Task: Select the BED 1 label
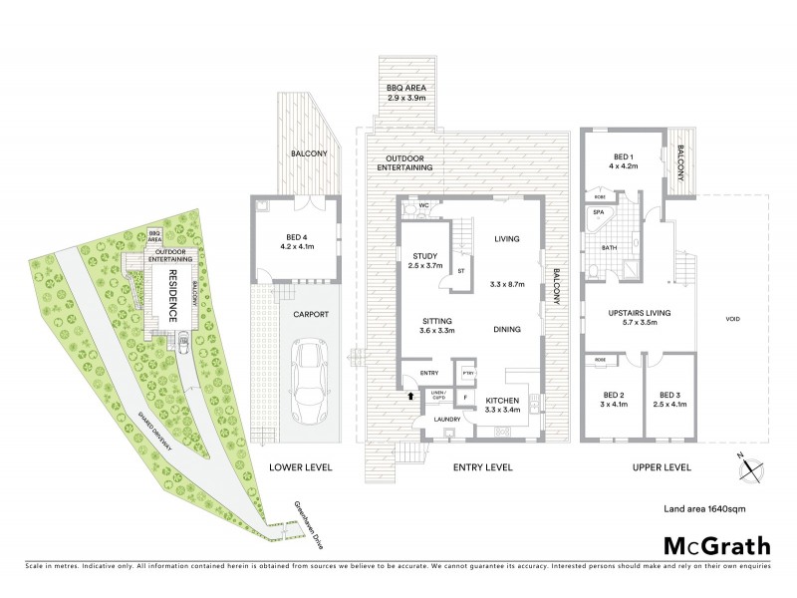(x=624, y=160)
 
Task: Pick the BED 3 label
(x=667, y=396)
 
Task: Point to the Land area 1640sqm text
(x=704, y=509)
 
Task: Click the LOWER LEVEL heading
(x=301, y=466)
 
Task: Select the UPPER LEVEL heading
(x=662, y=466)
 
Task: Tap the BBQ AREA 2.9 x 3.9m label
(x=405, y=94)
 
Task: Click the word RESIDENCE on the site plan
(x=171, y=293)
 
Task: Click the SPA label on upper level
(x=599, y=212)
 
